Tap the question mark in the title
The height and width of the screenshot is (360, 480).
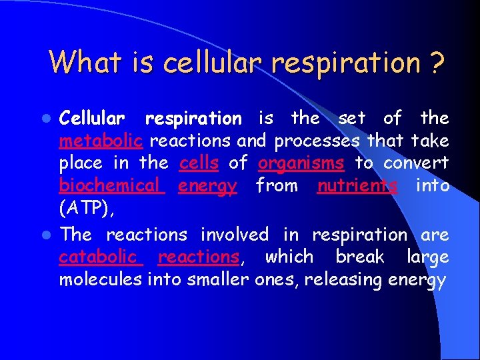[x=437, y=63]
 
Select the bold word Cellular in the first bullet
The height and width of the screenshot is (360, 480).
[x=92, y=119]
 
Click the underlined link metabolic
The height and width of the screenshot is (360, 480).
[x=101, y=141]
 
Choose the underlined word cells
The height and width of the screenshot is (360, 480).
[x=199, y=163]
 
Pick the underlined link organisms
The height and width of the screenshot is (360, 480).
[x=301, y=163]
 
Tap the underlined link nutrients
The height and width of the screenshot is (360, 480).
[x=357, y=185]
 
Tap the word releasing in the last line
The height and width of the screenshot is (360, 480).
[x=337, y=279]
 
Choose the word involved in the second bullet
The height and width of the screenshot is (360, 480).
[x=235, y=235]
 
